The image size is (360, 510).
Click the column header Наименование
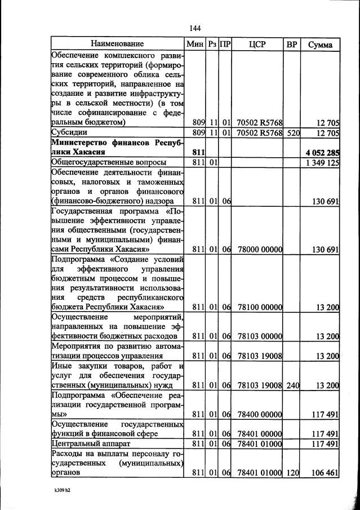click(x=117, y=43)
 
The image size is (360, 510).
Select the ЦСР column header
click(x=260, y=43)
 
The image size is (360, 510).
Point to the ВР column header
click(x=292, y=43)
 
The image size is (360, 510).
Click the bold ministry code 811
click(x=198, y=152)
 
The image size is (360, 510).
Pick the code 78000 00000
click(x=260, y=249)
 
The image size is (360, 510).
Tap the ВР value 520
click(x=292, y=133)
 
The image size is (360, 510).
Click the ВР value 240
click(x=292, y=385)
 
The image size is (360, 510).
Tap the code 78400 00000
click(x=260, y=414)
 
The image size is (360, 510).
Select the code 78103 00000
click(x=260, y=336)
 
